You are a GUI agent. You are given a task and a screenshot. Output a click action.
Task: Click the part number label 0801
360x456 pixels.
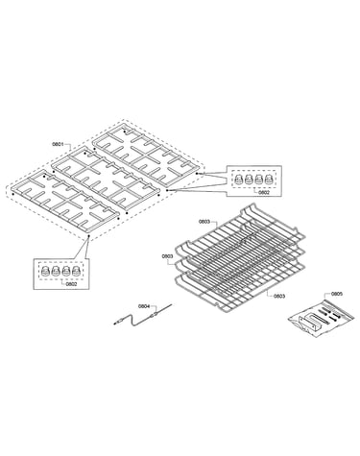(58, 144)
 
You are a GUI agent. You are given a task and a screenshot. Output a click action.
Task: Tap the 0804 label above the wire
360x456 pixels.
(144, 306)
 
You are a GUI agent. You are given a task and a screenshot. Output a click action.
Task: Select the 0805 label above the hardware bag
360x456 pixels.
(337, 294)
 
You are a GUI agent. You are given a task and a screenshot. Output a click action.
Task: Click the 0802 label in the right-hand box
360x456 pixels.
(264, 192)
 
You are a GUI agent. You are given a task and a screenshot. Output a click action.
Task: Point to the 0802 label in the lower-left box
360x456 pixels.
(71, 283)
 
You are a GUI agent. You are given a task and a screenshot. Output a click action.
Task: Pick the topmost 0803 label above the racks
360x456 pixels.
(204, 221)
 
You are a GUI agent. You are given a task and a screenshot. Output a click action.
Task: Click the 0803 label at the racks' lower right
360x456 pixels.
(279, 296)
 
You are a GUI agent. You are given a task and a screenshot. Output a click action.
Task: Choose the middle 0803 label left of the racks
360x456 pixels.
(167, 256)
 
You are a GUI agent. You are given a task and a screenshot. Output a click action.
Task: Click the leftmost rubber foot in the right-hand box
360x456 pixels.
(238, 180)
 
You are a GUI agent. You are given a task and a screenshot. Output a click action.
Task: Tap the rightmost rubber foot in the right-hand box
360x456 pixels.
(269, 180)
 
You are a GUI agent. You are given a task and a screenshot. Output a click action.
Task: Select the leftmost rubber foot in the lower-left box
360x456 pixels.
(46, 272)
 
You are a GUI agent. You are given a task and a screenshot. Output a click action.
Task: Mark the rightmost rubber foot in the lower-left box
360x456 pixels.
(76, 272)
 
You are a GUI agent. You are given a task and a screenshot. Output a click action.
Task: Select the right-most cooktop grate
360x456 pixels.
(147, 156)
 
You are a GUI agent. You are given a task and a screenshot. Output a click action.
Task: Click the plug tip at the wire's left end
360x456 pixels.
(116, 324)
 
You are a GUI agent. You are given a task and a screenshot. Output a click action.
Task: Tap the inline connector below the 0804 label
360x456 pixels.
(156, 314)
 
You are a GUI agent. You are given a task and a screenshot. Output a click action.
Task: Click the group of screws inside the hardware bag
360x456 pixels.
(328, 314)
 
